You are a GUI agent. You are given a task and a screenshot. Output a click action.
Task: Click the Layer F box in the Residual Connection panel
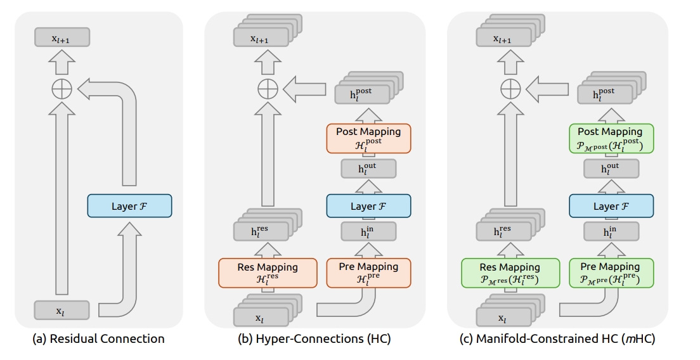tap(129, 205)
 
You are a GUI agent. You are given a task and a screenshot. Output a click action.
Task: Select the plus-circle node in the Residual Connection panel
tap(62, 89)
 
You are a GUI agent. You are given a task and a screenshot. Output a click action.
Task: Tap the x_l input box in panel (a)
tap(62, 310)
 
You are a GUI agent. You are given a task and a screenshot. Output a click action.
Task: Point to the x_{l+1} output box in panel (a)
tap(62, 37)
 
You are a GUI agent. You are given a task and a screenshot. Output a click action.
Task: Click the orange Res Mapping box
tap(268, 273)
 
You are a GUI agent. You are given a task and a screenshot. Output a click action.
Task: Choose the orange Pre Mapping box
tap(369, 273)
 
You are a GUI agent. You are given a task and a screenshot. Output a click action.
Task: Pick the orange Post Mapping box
tap(369, 138)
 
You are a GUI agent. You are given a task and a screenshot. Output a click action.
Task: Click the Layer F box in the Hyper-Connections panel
tap(369, 205)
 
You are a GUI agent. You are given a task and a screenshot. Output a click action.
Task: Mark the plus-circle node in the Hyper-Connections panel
tap(268, 88)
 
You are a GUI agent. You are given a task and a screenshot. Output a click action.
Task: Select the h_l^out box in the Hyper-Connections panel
tap(369, 169)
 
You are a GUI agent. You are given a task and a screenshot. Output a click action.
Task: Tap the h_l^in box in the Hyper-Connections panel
tap(369, 231)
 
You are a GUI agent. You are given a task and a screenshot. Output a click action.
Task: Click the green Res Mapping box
tap(510, 273)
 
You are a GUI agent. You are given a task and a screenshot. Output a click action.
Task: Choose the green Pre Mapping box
tap(611, 273)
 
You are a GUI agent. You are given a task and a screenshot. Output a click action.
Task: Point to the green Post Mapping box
tap(611, 138)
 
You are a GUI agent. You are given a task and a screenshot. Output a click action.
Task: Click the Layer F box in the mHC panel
tap(611, 205)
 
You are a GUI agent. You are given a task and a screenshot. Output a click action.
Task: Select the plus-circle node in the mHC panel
tap(510, 88)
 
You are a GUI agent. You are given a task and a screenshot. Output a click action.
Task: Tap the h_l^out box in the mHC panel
tap(611, 169)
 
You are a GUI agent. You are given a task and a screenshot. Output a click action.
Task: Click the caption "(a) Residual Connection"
tap(99, 338)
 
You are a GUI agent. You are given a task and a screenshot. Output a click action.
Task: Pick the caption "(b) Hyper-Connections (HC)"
tap(314, 338)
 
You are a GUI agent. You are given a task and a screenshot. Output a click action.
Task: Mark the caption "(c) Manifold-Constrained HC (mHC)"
tap(557, 338)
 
